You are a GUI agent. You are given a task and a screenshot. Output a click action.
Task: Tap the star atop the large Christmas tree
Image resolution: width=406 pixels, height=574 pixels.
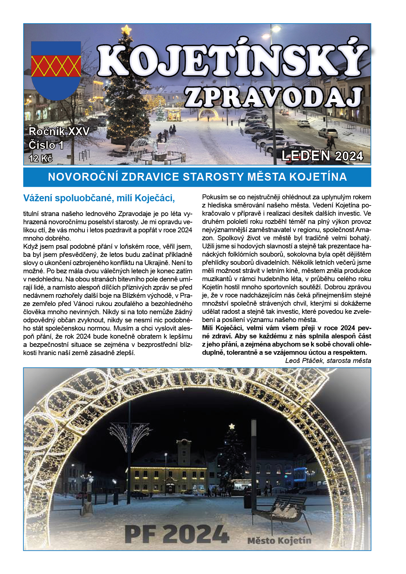126,30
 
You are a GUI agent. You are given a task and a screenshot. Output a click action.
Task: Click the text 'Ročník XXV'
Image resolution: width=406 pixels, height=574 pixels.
59,132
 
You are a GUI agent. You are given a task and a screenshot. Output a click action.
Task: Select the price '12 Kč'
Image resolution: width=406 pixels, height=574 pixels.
41,158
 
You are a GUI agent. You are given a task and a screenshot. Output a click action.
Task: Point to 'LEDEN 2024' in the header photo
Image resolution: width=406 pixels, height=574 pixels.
322,156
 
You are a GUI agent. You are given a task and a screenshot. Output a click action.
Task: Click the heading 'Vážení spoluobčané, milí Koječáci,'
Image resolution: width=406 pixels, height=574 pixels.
99,198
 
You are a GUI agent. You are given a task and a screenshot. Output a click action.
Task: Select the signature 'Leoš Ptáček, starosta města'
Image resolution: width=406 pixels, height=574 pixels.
328,361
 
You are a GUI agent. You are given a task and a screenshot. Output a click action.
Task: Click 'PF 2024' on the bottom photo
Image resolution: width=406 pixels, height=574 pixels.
177,534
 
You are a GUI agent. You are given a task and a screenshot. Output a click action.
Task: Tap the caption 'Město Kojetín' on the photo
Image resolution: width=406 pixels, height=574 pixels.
279,540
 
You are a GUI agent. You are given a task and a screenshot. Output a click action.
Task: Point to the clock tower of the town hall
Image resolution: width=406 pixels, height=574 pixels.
184,450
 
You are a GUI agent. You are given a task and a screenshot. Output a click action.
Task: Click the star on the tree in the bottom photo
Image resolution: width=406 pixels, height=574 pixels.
232,426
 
